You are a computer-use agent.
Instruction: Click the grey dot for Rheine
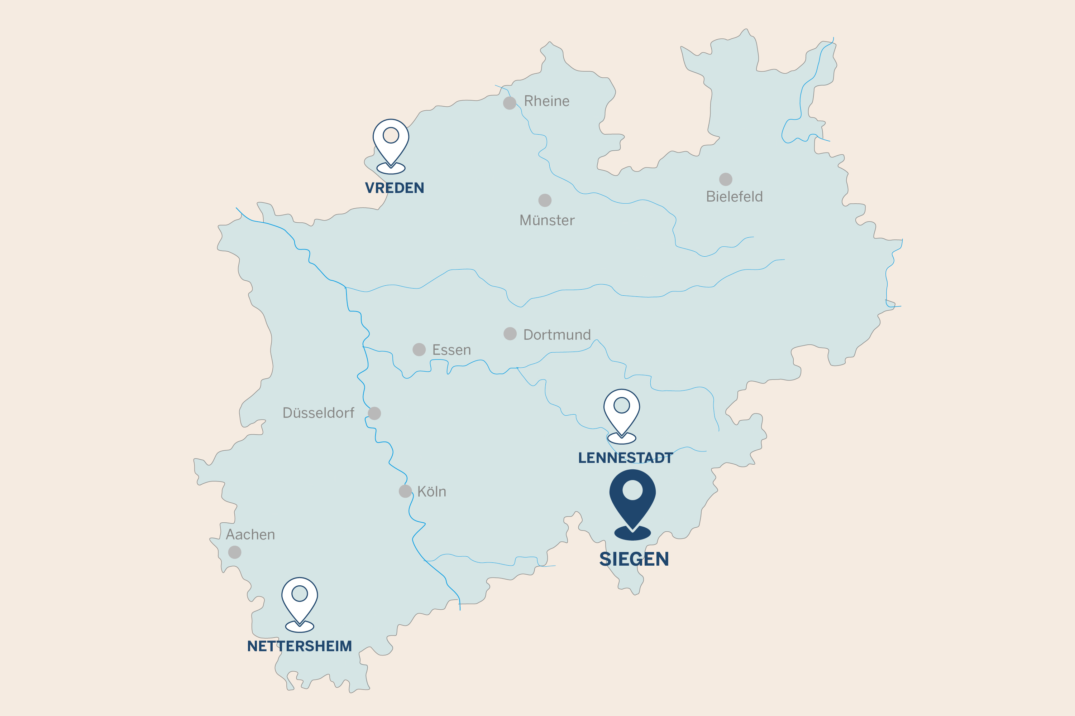[x=510, y=103]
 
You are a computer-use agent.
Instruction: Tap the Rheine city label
[x=547, y=101]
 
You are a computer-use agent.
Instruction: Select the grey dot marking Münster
[x=545, y=200]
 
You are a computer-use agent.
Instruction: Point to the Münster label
[x=547, y=221]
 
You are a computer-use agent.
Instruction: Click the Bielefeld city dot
[x=726, y=179]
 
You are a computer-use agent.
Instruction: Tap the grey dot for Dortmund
[x=510, y=334]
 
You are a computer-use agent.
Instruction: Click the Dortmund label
[x=557, y=335]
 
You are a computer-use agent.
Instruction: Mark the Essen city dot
[x=419, y=349]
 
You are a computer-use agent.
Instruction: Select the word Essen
[x=451, y=350]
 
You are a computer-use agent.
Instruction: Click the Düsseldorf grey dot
[x=374, y=413]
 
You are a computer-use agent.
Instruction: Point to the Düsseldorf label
[x=318, y=413]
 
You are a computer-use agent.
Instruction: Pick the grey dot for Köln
[x=405, y=491]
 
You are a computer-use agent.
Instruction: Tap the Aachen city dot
[x=234, y=552]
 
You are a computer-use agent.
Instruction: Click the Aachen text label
[x=250, y=534]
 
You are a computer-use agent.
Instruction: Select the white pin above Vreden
[x=391, y=141]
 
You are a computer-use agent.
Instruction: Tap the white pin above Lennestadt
[x=622, y=411]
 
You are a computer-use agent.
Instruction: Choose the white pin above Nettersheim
[x=299, y=600]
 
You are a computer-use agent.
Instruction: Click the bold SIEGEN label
[x=634, y=559]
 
